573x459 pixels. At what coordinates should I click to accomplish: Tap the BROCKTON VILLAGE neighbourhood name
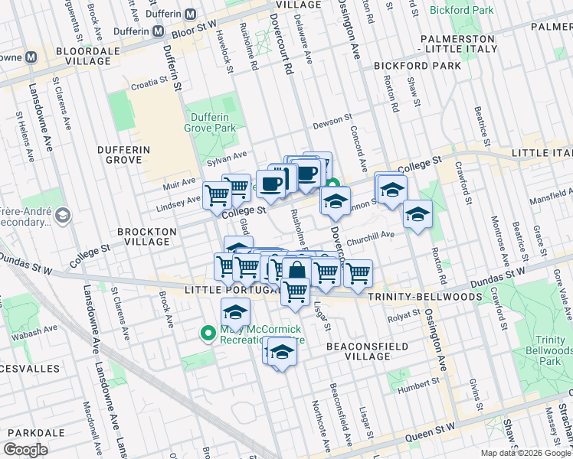pos(146,236)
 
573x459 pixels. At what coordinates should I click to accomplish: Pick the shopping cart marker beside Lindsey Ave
pos(217,195)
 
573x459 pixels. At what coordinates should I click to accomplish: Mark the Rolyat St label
pos(403,314)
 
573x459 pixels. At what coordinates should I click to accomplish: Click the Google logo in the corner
pos(27,450)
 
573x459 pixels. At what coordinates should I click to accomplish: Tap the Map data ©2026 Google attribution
pos(525,453)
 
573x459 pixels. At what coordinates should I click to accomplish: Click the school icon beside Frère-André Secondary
pos(63,215)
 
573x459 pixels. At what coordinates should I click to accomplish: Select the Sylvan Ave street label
pos(227,156)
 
